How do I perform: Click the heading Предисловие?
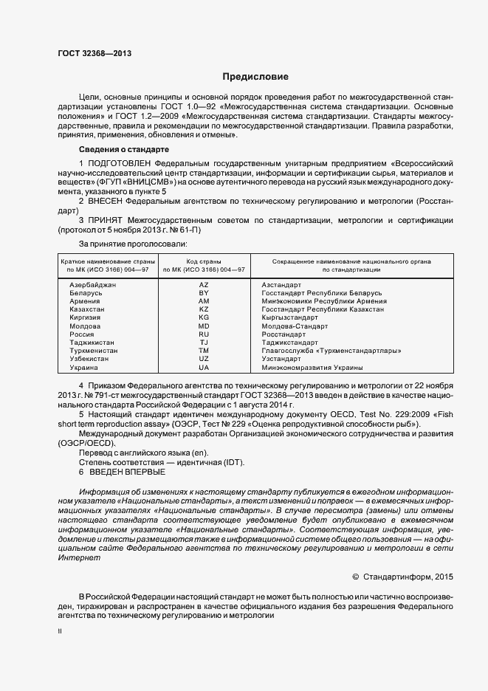click(x=256, y=77)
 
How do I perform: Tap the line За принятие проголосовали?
click(x=133, y=243)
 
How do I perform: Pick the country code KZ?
click(x=204, y=309)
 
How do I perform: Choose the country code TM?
click(x=204, y=351)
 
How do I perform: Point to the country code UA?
click(x=204, y=367)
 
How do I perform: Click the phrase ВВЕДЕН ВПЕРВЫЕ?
click(x=127, y=472)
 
